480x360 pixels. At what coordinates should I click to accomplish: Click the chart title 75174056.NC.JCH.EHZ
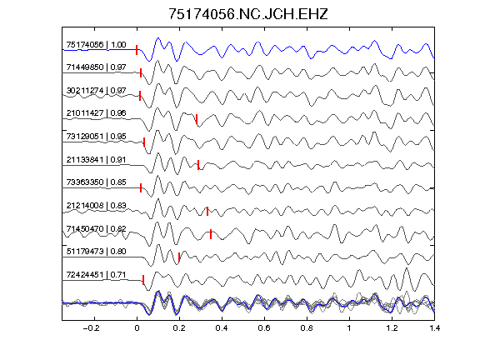[248, 14]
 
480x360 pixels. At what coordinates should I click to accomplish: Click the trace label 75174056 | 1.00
[96, 45]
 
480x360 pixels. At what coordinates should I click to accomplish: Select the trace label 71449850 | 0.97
[96, 67]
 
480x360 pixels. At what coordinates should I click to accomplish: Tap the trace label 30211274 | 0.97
[96, 91]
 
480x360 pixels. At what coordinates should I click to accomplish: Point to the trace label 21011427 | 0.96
[96, 113]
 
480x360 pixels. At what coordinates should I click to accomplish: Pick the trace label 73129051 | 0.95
[96, 136]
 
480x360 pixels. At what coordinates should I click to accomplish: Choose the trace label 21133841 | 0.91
[96, 159]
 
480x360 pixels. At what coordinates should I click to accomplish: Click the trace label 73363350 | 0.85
[96, 182]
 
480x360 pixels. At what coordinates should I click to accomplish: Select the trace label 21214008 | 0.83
[96, 205]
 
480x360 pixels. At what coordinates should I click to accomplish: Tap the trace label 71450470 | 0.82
[96, 228]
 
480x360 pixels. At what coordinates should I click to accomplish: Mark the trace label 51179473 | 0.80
[96, 252]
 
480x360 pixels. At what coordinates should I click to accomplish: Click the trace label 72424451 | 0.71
[96, 275]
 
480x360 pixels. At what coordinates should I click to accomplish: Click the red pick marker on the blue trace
[137, 50]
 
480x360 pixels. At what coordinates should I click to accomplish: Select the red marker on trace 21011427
[197, 119]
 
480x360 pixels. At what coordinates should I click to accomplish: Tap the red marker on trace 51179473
[179, 257]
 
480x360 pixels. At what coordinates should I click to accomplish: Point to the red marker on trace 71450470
[211, 234]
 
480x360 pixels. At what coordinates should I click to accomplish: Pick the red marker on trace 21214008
[207, 211]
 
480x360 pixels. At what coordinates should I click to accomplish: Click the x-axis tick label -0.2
[91, 328]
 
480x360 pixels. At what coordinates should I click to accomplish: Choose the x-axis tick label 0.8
[307, 328]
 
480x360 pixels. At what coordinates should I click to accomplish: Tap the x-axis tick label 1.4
[434, 328]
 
